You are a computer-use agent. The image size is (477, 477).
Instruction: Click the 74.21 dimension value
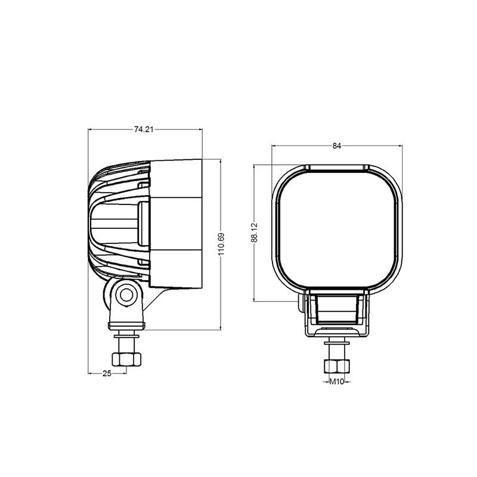pos(144,129)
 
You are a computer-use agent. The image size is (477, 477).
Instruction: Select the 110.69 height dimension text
pos(221,244)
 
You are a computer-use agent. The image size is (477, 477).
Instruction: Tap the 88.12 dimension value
pos(255,233)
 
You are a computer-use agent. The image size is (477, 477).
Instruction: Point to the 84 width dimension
pos(337,146)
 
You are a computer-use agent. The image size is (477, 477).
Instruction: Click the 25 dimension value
pos(107,374)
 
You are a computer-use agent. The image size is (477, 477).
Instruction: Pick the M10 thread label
pos(337,382)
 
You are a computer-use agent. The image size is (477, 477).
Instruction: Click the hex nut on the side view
pos(126,360)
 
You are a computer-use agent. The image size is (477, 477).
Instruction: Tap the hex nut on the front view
pos(337,366)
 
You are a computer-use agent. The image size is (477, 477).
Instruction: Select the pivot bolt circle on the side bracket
pos(126,295)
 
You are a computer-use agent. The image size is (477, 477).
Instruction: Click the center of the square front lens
pos(337,230)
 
